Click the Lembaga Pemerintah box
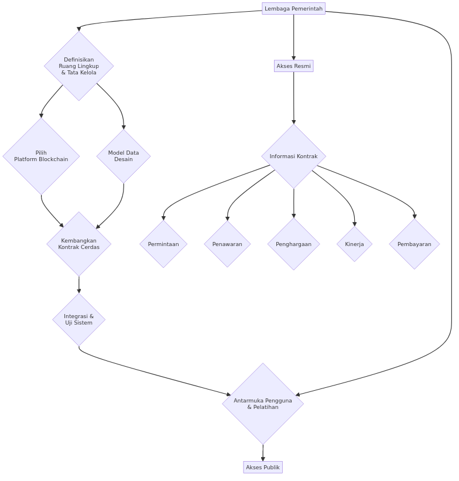(x=293, y=9)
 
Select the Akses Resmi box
(x=293, y=66)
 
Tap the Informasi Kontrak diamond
(x=293, y=156)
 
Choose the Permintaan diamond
(x=163, y=244)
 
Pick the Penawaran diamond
(x=227, y=244)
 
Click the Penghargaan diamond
(x=293, y=244)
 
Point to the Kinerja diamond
(x=354, y=244)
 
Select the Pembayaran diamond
(x=415, y=244)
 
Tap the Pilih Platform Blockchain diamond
(x=41, y=156)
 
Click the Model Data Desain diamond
(x=124, y=156)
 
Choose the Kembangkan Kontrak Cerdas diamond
(x=79, y=244)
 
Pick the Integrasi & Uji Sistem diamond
(x=79, y=320)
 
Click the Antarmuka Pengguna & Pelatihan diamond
(x=263, y=404)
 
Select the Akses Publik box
(x=263, y=467)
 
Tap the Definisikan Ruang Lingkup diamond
(x=79, y=66)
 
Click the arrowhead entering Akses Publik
(x=263, y=459)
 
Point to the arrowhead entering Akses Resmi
(x=293, y=58)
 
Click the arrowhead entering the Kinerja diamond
(x=354, y=224)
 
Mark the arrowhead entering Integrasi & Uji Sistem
(x=79, y=291)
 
